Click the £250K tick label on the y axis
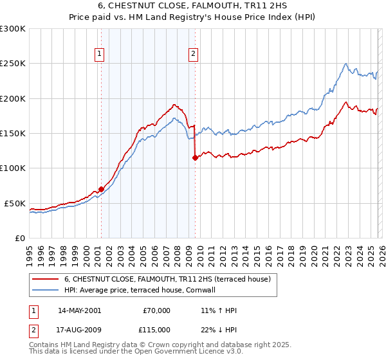pos(13,64)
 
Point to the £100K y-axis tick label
pos(13,168)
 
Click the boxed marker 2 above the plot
pos(194,55)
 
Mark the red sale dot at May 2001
pos(101,189)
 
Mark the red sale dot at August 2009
pos(194,157)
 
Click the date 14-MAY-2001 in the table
pos(79,310)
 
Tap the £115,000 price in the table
pos(156,329)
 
